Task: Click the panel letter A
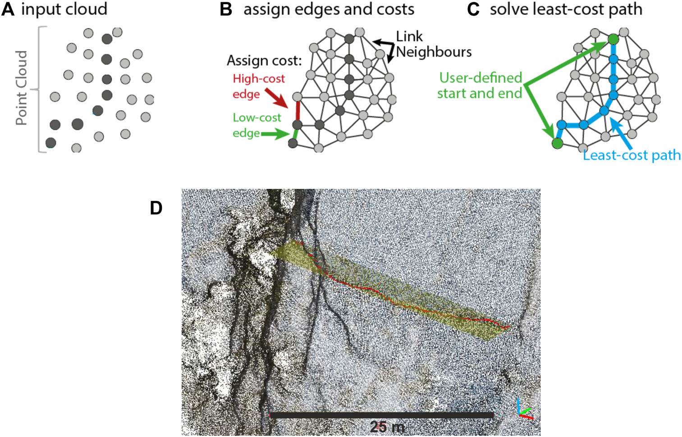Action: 8,9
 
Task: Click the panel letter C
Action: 473,9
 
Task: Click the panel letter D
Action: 156,208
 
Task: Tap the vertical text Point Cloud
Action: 22,88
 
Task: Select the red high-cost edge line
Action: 298,110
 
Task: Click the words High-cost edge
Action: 258,86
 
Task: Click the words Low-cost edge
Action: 256,125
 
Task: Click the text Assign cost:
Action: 264,60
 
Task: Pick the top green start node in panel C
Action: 613,40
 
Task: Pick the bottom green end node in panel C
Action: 558,143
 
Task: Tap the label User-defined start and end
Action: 480,86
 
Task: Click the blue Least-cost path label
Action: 632,155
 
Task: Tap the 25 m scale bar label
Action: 387,426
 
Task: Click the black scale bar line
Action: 381,415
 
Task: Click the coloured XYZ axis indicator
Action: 524,410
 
